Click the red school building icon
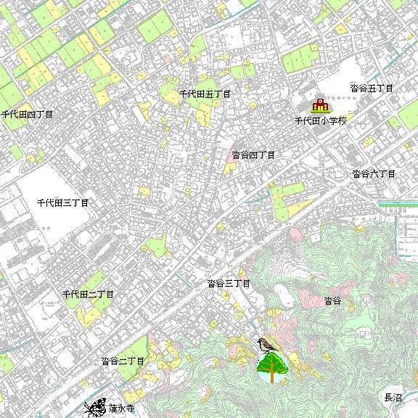pyautogui.click(x=319, y=106)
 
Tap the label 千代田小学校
pyautogui.click(x=320, y=120)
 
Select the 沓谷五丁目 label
pyautogui.click(x=371, y=88)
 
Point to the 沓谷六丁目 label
pyautogui.click(x=374, y=173)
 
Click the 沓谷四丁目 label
pyautogui.click(x=253, y=155)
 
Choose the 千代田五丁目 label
pyautogui.click(x=205, y=94)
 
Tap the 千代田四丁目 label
pyautogui.click(x=27, y=115)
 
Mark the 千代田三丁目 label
pyautogui.click(x=62, y=202)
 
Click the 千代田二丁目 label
pyautogui.click(x=88, y=294)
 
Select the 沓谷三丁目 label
pyautogui.click(x=228, y=283)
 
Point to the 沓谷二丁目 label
pyautogui.click(x=123, y=361)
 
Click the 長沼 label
pyautogui.click(x=392, y=398)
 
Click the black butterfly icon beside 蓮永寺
pyautogui.click(x=95, y=409)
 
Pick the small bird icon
pyautogui.click(x=267, y=344)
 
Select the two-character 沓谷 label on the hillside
pyautogui.click(x=332, y=300)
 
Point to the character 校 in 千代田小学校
pyautogui.click(x=342, y=120)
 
